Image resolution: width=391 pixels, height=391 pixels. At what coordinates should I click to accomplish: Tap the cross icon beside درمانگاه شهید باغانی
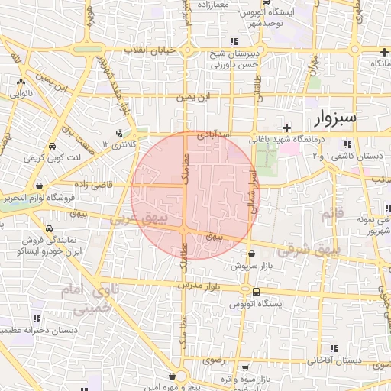pyautogui.click(x=286, y=127)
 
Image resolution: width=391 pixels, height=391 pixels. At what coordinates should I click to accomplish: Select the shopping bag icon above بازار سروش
pyautogui.click(x=251, y=254)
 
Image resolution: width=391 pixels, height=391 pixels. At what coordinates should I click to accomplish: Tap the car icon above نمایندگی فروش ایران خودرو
pyautogui.click(x=49, y=228)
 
